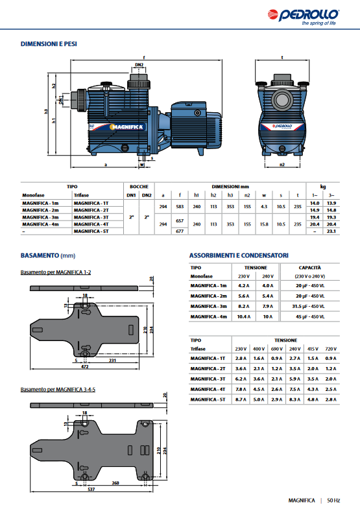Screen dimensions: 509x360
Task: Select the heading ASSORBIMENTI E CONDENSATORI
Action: [x=239, y=255]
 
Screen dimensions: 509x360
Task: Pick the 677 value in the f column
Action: [x=180, y=231]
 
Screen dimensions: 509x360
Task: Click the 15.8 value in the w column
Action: [x=264, y=224]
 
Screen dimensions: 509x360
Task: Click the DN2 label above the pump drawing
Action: [x=139, y=65]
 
